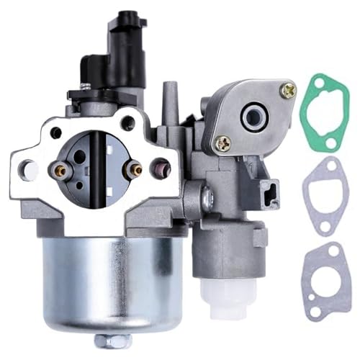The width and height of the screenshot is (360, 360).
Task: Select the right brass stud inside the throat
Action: click(133, 170)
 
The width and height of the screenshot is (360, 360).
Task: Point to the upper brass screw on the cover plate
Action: click(289, 91)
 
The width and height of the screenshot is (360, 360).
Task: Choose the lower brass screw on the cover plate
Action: click(224, 143)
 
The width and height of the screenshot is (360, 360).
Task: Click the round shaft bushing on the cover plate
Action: click(256, 115)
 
